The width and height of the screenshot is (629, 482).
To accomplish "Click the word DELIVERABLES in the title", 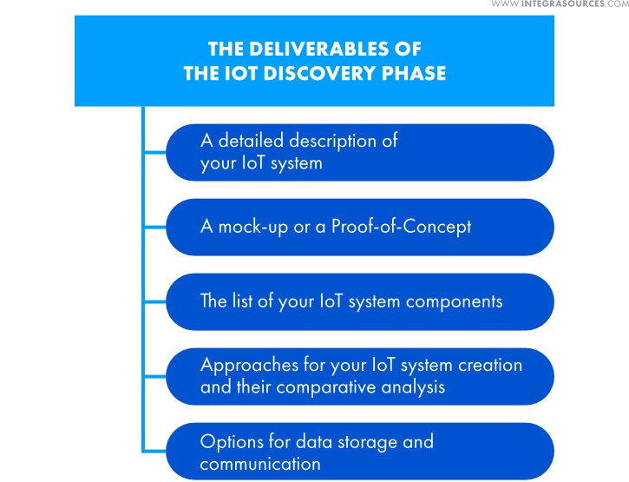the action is (319, 49).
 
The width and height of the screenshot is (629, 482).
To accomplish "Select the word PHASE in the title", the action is (414, 73).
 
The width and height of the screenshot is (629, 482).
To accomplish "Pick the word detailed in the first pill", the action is (251, 141).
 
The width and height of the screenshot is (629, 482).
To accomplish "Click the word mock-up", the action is (253, 228).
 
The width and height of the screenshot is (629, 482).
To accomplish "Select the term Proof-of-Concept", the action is (401, 228).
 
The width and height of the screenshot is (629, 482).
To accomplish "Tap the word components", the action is (454, 302).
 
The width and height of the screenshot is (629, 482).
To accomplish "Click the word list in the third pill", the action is (242, 300).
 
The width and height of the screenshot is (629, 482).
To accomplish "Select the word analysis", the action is (413, 387).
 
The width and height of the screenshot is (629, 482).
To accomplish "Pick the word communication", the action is (260, 465).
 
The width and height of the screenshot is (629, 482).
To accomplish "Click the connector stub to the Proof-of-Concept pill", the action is (154, 228).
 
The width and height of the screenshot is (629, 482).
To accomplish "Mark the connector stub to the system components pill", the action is (154, 301).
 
